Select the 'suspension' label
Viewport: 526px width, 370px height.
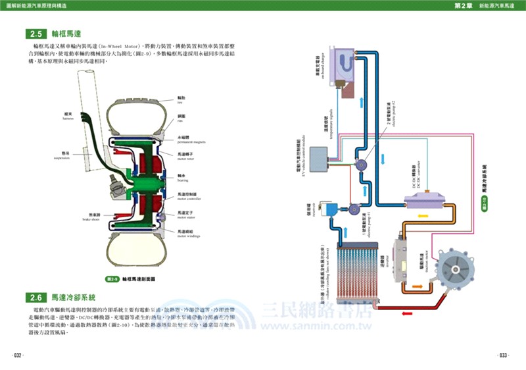pyautogui.click(x=62, y=158)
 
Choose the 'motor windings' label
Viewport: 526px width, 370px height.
pyautogui.click(x=187, y=234)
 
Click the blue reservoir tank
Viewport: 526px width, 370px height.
pyautogui.click(x=332, y=209)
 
